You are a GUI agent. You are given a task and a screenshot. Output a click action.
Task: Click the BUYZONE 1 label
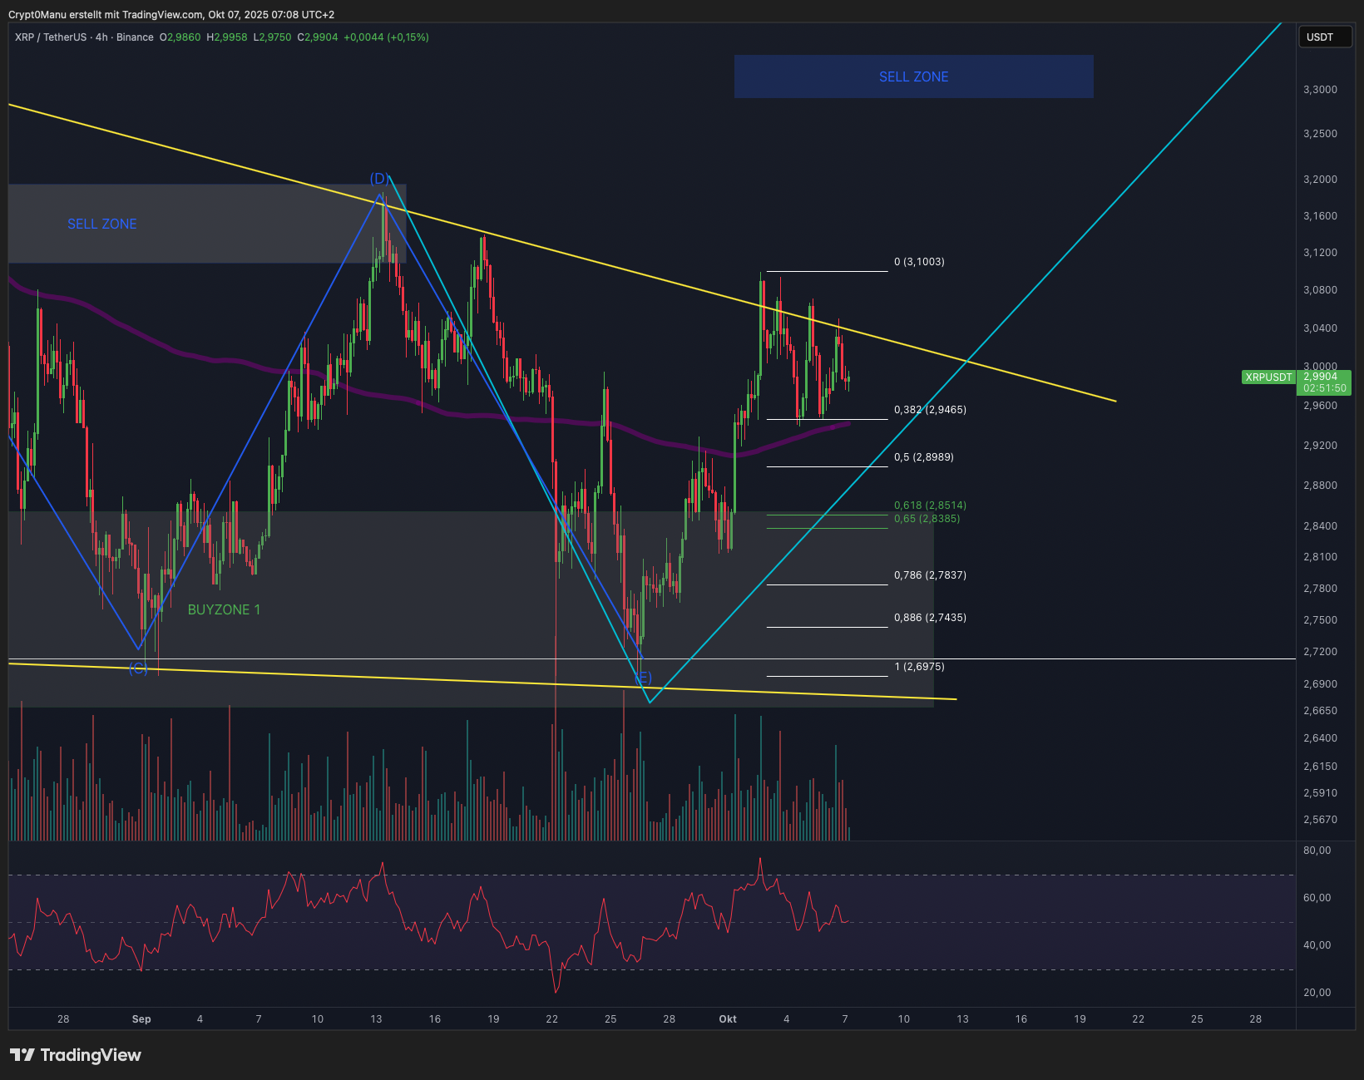(224, 609)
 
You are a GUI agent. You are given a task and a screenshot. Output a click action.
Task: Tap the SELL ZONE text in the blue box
(913, 76)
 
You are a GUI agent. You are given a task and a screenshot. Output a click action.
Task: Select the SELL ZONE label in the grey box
(101, 224)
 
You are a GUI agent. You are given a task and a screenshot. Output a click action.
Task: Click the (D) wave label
(379, 179)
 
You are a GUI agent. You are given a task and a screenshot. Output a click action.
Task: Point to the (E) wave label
(643, 678)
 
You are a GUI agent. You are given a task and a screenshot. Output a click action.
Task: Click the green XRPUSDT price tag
(1268, 377)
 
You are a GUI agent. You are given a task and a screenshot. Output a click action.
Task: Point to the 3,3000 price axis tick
(1320, 90)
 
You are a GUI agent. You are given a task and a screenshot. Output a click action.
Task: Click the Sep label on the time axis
(141, 1019)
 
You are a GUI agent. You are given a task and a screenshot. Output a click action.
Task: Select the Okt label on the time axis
(728, 1019)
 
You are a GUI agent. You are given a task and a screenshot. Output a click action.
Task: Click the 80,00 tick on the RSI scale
(1317, 851)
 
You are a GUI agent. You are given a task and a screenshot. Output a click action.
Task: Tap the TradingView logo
(76, 1055)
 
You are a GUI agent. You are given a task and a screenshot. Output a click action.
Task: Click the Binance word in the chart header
(135, 37)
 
